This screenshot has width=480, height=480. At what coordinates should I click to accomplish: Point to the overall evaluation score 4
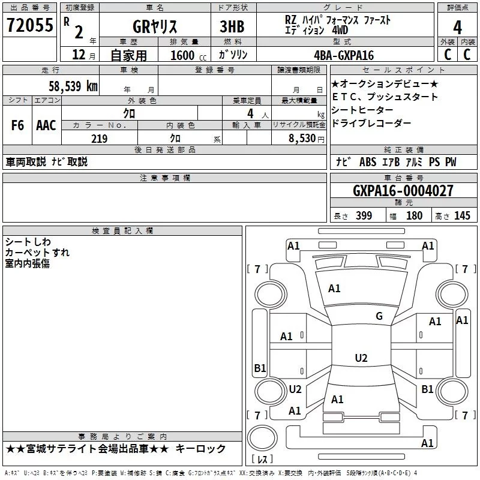(457, 26)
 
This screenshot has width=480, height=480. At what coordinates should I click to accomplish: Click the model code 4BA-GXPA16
(344, 55)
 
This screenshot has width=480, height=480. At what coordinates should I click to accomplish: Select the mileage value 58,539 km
(73, 86)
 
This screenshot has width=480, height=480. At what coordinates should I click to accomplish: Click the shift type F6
(17, 125)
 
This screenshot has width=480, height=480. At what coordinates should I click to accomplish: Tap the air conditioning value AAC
(46, 125)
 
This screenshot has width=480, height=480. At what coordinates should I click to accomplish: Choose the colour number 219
(99, 139)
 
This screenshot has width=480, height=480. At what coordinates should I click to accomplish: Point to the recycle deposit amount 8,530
(302, 139)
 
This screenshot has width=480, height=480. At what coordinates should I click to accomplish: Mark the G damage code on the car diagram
(379, 316)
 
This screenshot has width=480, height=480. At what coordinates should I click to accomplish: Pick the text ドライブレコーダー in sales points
(371, 123)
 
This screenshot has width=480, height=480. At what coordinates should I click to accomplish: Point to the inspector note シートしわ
(28, 242)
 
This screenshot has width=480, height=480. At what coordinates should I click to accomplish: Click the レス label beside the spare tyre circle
(262, 460)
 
